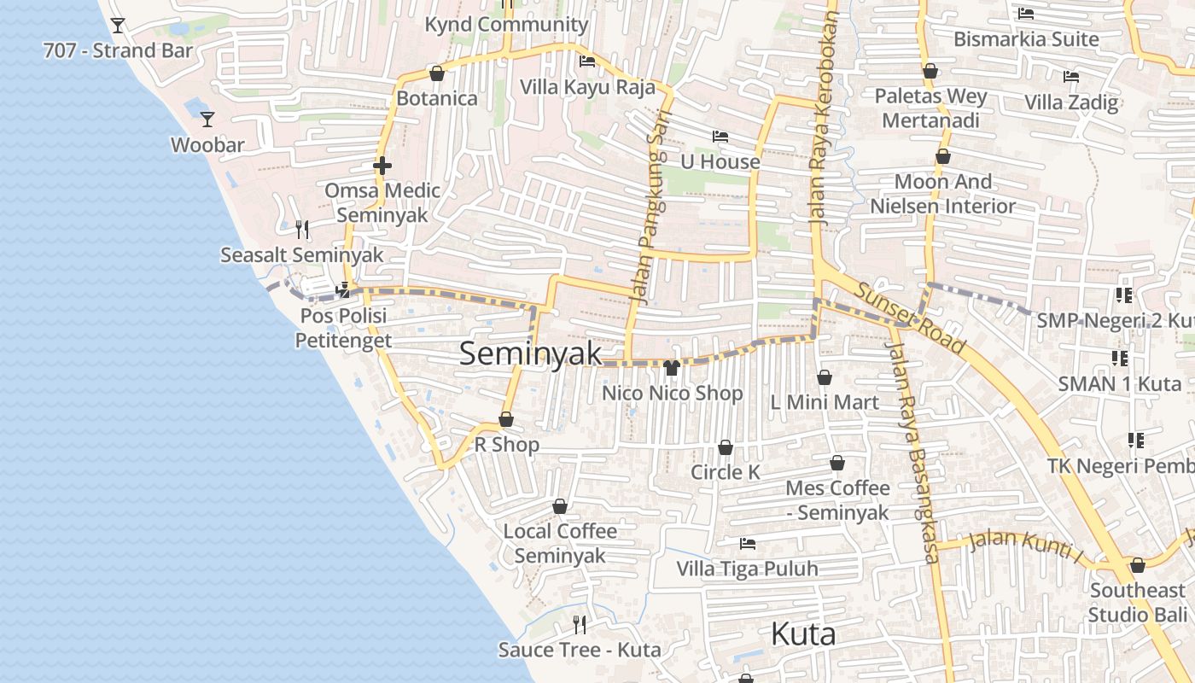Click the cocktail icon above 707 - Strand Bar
coord(118,26)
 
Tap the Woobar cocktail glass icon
coord(207,119)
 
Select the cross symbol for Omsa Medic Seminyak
coord(382,165)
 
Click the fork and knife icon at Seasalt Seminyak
coord(301,229)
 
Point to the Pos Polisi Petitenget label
coord(343,328)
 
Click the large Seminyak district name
coord(530,353)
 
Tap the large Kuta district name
coord(802,634)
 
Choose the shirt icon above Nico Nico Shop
coord(671,368)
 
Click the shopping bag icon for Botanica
coord(437,73)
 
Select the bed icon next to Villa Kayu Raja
coord(587,61)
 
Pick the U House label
coord(720,161)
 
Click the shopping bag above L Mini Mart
coord(825,377)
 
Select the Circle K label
coord(725,472)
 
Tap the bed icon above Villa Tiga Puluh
coord(748,543)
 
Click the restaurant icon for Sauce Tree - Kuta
coord(580,625)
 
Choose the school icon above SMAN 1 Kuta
coord(1119,358)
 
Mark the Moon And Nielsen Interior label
coord(943,194)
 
